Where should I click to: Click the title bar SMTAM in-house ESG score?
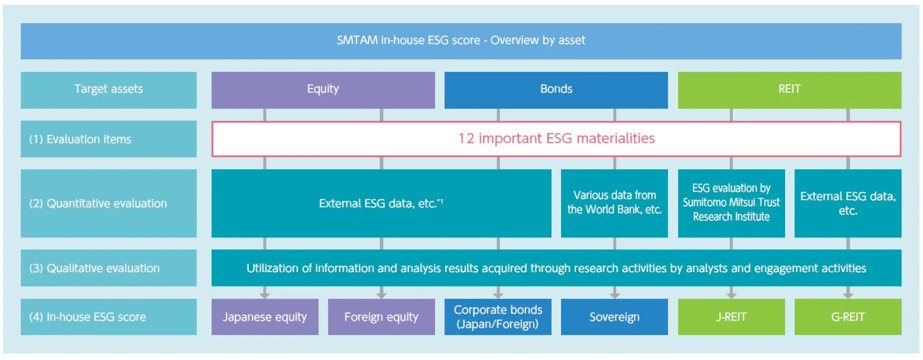click(x=461, y=40)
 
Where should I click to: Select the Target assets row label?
click(x=109, y=89)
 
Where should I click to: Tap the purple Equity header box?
click(x=323, y=89)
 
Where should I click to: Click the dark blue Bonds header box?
click(x=556, y=89)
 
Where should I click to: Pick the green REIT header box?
click(x=789, y=89)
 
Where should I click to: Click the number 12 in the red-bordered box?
click(x=466, y=138)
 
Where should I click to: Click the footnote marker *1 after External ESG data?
click(x=440, y=201)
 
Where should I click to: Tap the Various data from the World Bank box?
click(x=614, y=202)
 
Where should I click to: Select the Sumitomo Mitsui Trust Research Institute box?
click(x=731, y=202)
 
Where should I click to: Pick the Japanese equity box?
click(x=264, y=317)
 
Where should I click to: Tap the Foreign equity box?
click(x=381, y=317)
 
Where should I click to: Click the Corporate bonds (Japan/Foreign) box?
click(x=498, y=317)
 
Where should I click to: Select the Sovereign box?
click(x=614, y=317)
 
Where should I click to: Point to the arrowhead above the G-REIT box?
click(x=848, y=294)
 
